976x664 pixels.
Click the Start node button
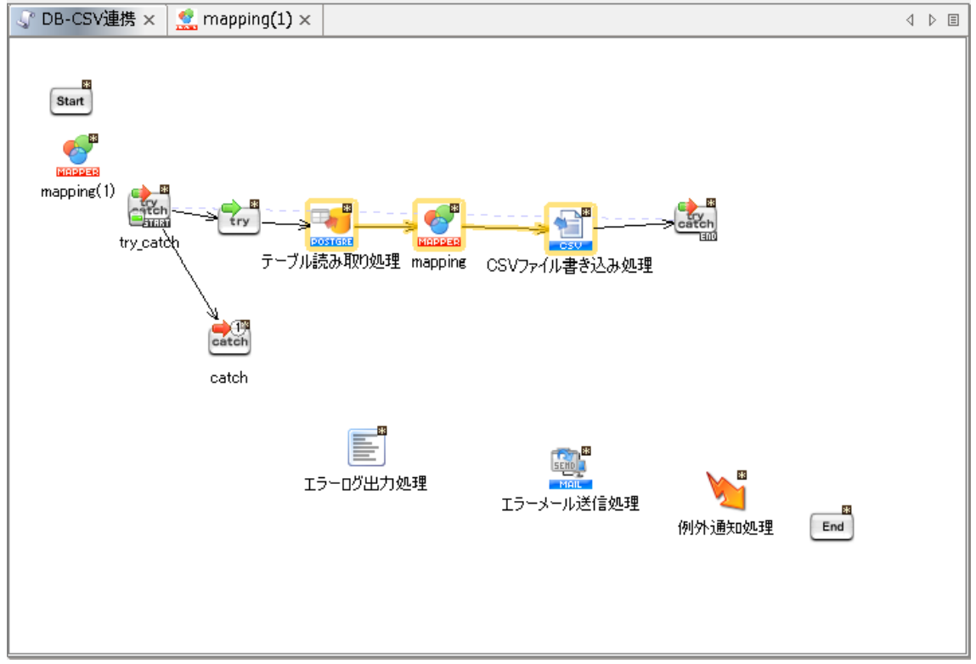coord(71,101)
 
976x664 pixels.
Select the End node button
coord(832,526)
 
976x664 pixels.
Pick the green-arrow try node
coord(239,220)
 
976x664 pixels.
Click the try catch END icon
coord(696,220)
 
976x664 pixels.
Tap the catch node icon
coord(229,339)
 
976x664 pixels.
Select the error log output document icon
coord(366,447)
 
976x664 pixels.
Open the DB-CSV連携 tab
coord(87,20)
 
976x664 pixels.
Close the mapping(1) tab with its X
coord(306,20)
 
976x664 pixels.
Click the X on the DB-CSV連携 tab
coord(149,20)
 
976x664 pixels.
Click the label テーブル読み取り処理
coord(330,262)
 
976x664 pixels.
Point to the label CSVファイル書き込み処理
coord(569,265)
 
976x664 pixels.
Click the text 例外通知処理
coord(725,527)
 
